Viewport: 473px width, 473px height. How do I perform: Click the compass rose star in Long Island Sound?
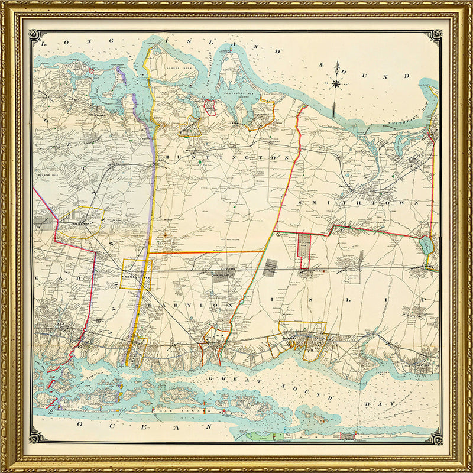pyautogui.click(x=336, y=83)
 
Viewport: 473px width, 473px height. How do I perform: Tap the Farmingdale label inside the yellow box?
pyautogui.click(x=136, y=276)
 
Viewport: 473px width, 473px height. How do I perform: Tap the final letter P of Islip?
pyautogui.click(x=423, y=300)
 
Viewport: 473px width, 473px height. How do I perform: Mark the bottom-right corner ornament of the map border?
pyautogui.click(x=435, y=437)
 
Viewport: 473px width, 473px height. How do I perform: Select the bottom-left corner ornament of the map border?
pyautogui.click(x=37, y=437)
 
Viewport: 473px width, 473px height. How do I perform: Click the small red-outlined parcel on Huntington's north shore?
pyautogui.click(x=209, y=107)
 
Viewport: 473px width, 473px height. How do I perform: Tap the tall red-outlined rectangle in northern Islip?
pyautogui.click(x=303, y=251)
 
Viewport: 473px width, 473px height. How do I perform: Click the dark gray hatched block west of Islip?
pyautogui.click(x=270, y=267)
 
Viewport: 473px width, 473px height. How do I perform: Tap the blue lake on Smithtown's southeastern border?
pyautogui.click(x=427, y=244)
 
